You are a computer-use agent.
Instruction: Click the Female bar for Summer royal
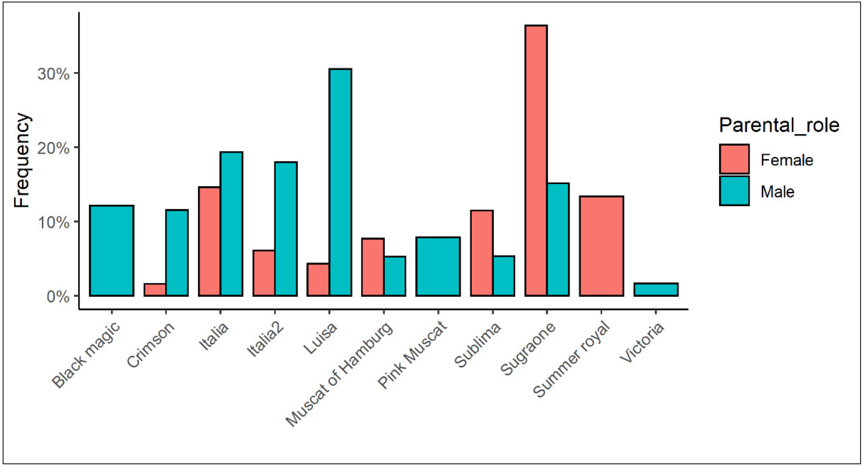pos(601,246)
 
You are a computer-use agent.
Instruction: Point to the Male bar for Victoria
pos(656,290)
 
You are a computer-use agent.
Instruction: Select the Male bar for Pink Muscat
pos(438,266)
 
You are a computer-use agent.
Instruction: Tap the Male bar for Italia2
pos(286,229)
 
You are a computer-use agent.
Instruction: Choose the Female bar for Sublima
pos(482,253)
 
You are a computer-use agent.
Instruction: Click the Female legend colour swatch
pos(734,159)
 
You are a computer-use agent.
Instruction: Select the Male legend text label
pos(777,192)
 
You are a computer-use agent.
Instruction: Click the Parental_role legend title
pos(779,126)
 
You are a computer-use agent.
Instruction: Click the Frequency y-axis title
pos(22,160)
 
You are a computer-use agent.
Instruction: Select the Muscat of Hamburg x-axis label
pos(339,374)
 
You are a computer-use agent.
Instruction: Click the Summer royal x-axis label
pos(571,359)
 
